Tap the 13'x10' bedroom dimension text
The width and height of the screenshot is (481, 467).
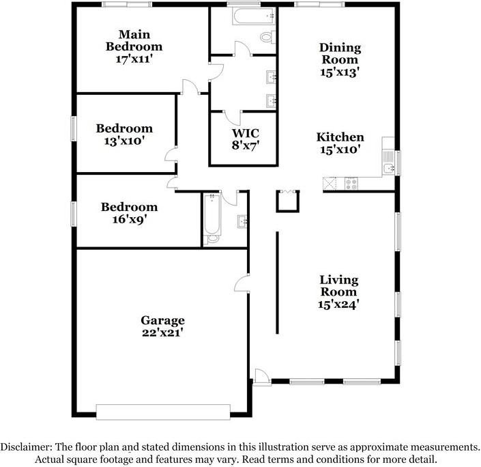coord(123,141)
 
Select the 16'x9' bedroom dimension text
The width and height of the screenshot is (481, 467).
coord(129,219)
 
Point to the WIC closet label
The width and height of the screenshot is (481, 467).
coord(244,132)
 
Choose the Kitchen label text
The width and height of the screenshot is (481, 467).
coord(340,137)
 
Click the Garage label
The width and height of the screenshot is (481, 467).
coord(162,320)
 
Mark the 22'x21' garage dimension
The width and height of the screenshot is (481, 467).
coord(162,333)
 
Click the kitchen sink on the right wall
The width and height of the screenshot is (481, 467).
coord(388,168)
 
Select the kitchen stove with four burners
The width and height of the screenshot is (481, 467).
coord(351,183)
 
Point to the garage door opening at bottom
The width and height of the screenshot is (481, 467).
coord(164,411)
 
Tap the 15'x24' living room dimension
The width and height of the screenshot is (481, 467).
coord(339,305)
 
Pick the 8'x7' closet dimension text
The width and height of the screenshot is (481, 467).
coord(244,145)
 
